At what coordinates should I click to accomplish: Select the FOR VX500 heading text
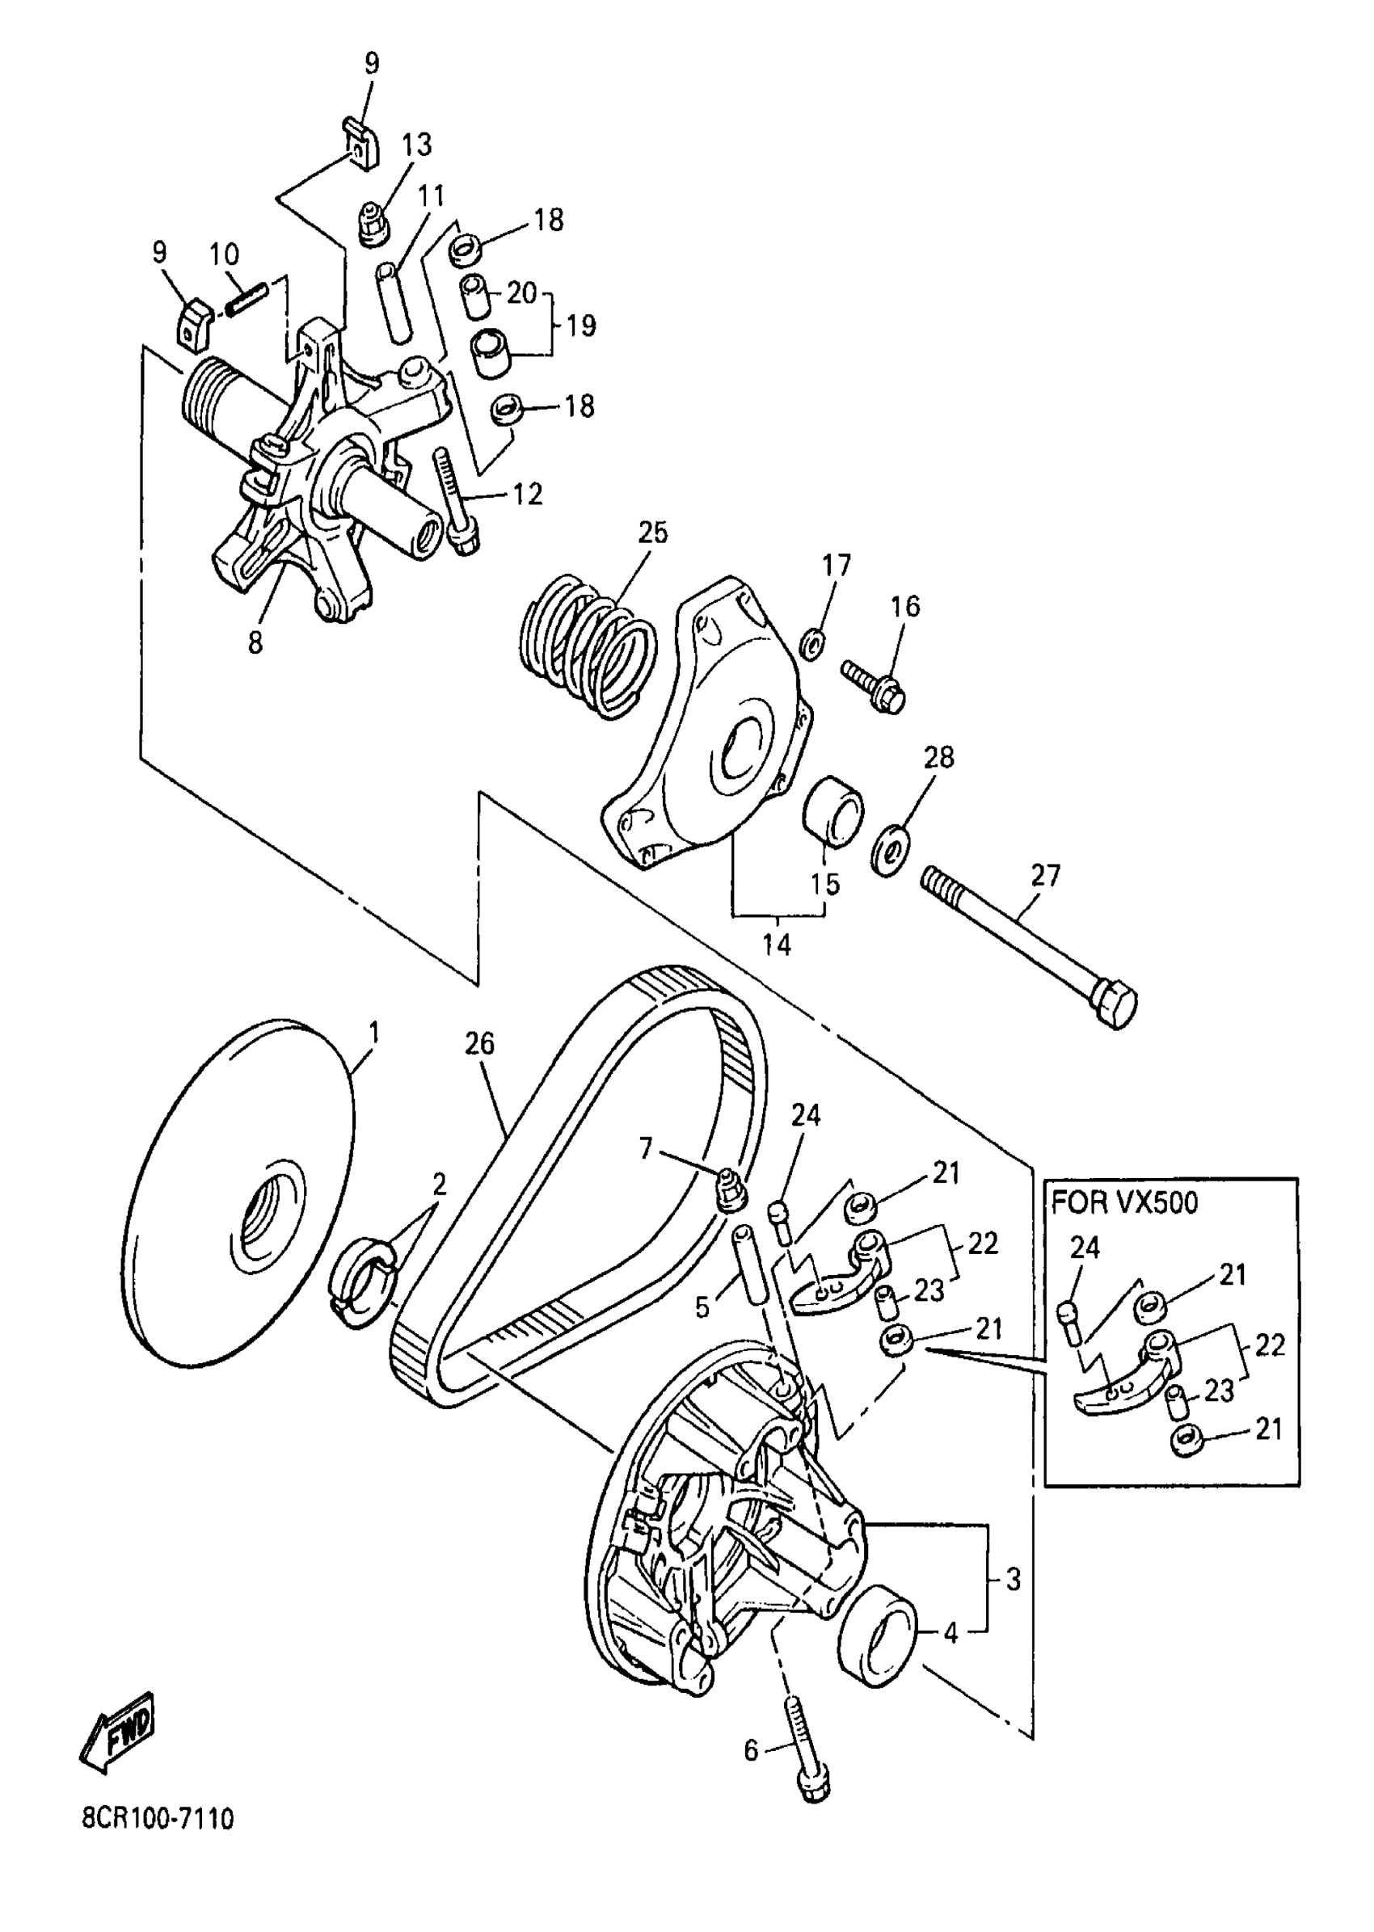(x=1124, y=1202)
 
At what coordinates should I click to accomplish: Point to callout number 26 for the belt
(x=478, y=1045)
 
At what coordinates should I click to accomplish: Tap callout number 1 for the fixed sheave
(x=373, y=1033)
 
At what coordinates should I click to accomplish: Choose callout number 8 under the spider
(x=255, y=644)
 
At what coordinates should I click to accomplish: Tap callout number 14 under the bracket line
(x=777, y=944)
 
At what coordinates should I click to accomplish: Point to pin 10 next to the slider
(x=247, y=301)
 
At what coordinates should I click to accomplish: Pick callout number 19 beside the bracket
(x=581, y=326)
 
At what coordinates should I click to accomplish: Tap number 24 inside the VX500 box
(x=1085, y=1248)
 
